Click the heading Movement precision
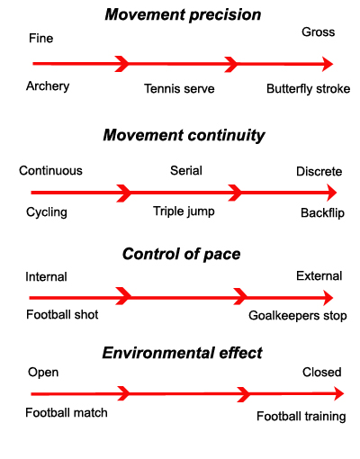(183, 14)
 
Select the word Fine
(40, 39)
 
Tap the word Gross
(319, 31)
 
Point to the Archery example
(48, 86)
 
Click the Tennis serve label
(179, 88)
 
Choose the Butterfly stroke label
(309, 89)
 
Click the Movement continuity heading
(184, 135)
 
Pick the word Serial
(186, 170)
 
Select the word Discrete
(319, 171)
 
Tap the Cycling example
(47, 212)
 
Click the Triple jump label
(184, 211)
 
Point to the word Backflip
(322, 213)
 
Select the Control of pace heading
(181, 254)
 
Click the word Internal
(46, 276)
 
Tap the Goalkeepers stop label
(298, 316)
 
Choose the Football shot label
(62, 314)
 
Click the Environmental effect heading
(182, 353)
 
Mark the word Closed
(322, 372)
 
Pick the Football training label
(301, 417)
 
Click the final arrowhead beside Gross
(328, 64)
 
